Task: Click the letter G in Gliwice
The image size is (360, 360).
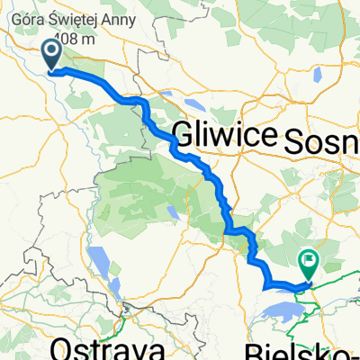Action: (x=181, y=136)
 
